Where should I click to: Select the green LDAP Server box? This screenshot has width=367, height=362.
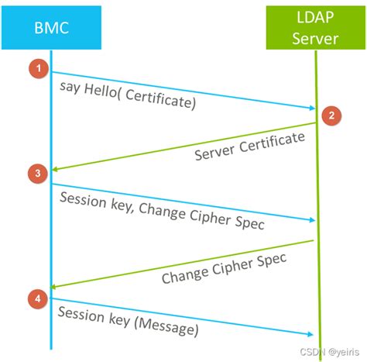[315, 27]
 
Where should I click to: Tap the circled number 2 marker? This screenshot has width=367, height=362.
[331, 115]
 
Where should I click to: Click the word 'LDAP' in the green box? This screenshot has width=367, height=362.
[315, 17]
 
